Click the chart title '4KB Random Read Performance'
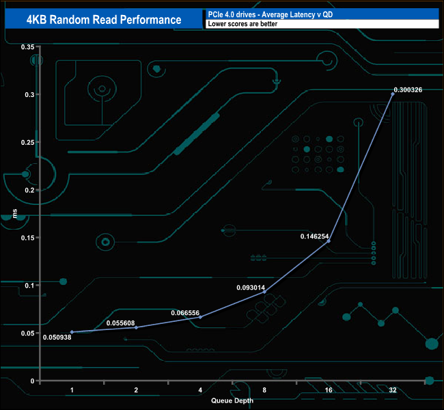pyautogui.click(x=104, y=19)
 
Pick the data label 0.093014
pyautogui.click(x=251, y=287)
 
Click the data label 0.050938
pyautogui.click(x=57, y=337)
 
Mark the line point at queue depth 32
pyautogui.click(x=393, y=94)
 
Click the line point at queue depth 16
pyautogui.click(x=329, y=241)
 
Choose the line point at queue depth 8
pyautogui.click(x=264, y=292)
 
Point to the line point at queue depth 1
pyautogui.click(x=72, y=332)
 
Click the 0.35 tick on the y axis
pyautogui.click(x=27, y=46)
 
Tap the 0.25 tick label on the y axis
pyautogui.click(x=27, y=142)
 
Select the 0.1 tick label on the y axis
pyautogui.click(x=29, y=285)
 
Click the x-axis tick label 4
pyautogui.click(x=200, y=390)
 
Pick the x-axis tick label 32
pyautogui.click(x=392, y=390)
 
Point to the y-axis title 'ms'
pyautogui.click(x=15, y=214)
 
